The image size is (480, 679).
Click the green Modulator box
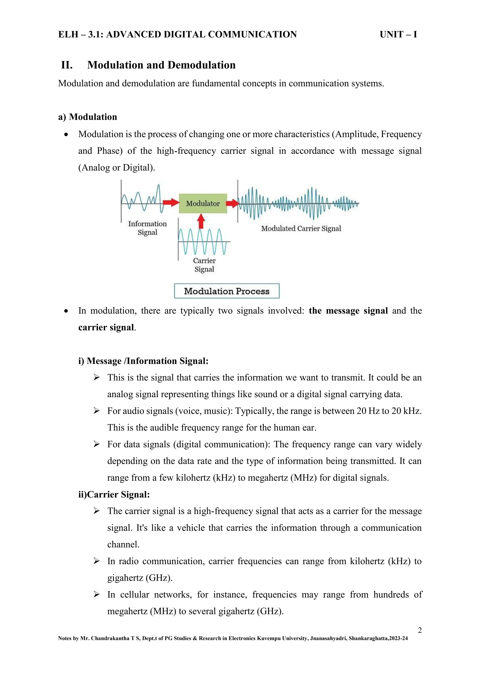point(203,204)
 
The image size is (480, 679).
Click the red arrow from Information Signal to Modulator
point(171,203)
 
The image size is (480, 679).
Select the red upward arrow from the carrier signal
point(201,221)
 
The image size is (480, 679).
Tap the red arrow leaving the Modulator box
point(232,203)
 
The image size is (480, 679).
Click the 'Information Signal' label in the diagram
point(147,228)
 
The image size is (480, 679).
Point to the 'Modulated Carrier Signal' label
point(301,229)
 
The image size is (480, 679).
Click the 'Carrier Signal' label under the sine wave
point(204,265)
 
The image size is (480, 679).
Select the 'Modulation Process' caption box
point(227,291)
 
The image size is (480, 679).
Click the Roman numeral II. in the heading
point(67,65)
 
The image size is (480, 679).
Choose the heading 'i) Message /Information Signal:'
point(143,361)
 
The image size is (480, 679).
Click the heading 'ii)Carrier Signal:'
point(114,494)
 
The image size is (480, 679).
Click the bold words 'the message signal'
point(348,311)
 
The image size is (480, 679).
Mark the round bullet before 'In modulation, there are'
point(66,311)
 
